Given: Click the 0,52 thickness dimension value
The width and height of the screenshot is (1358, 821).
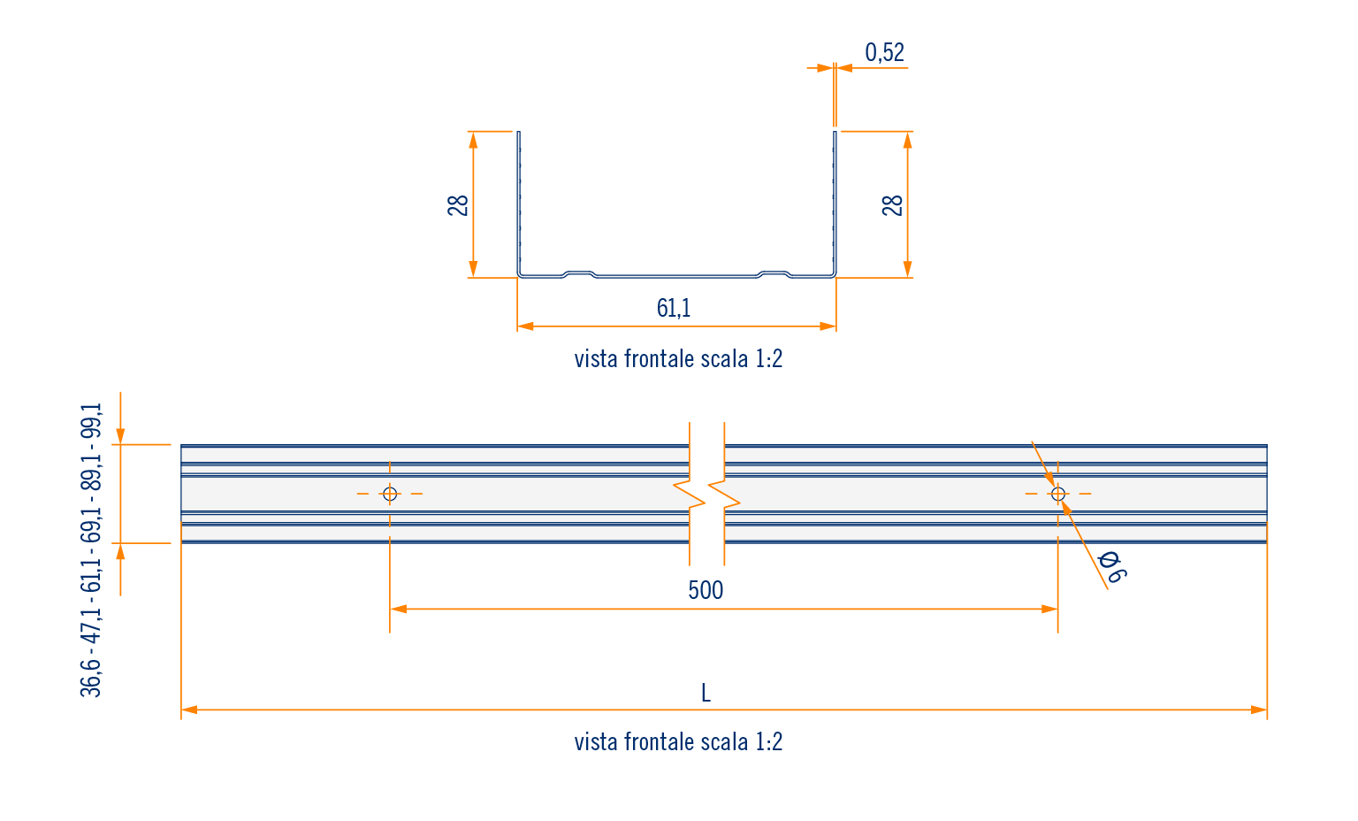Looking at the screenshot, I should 884,53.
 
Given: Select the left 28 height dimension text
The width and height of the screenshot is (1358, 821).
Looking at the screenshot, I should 458,205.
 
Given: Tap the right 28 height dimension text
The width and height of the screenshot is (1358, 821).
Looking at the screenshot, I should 893,205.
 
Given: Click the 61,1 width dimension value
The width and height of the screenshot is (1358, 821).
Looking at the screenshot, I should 674,308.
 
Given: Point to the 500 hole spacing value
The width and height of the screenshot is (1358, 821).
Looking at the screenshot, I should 706,590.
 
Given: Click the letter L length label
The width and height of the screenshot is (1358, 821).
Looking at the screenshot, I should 706,693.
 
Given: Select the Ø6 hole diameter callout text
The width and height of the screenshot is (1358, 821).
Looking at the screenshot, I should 1110,567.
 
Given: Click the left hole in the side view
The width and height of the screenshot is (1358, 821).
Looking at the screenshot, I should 390,494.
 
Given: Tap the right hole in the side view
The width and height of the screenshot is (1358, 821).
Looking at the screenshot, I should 1058,494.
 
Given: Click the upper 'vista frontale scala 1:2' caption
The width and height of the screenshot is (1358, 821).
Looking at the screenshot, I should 678,359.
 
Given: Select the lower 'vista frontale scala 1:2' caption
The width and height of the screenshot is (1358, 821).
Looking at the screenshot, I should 678,741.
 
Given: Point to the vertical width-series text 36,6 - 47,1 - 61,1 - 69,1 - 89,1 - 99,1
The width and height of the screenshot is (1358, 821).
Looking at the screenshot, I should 92,549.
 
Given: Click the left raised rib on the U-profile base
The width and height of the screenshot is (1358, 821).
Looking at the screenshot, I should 579,272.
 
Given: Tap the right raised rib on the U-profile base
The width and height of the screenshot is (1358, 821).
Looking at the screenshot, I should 774,272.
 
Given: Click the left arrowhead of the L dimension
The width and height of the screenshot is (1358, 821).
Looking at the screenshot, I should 188,710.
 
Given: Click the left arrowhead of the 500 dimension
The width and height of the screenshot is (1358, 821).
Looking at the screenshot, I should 398,609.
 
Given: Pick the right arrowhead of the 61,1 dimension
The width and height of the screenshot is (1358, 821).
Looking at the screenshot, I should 828,326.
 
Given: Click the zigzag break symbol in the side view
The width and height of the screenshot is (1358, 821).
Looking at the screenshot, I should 706,494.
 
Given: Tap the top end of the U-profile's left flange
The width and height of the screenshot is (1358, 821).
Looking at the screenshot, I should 519,134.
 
